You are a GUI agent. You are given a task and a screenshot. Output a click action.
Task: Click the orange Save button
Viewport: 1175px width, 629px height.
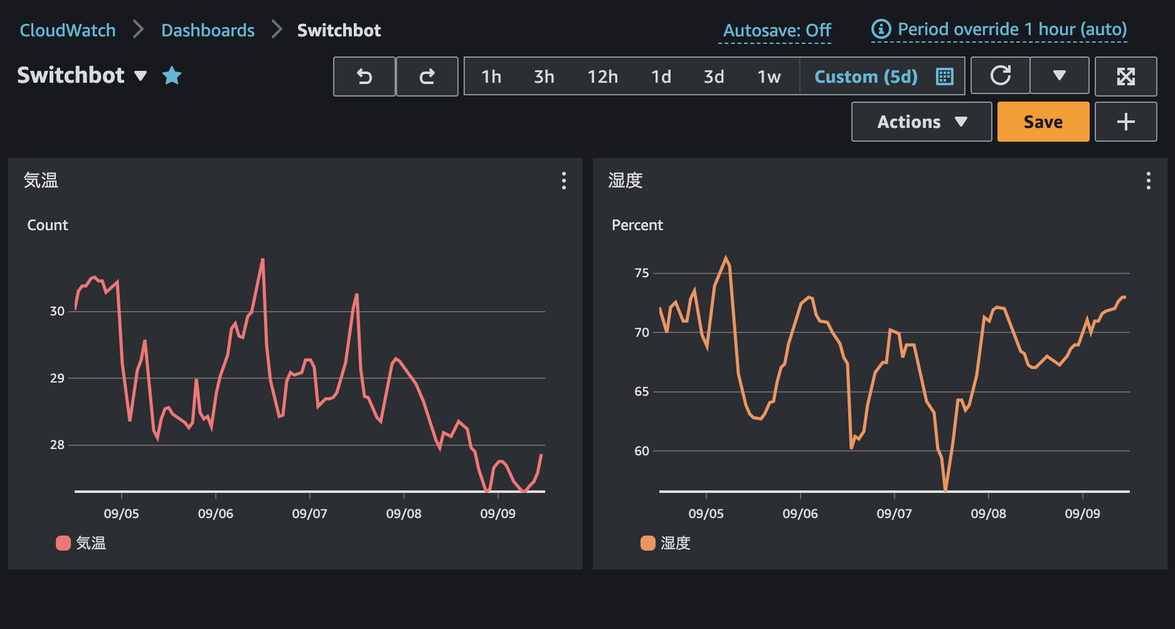click(1043, 122)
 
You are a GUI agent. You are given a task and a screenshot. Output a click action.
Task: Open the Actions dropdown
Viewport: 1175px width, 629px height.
click(921, 122)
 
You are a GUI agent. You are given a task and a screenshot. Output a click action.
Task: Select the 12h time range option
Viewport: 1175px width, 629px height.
click(602, 77)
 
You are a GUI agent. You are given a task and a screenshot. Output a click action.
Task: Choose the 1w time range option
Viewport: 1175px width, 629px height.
click(768, 77)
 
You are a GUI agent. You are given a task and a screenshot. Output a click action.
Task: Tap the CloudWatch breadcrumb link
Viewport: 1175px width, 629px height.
click(68, 30)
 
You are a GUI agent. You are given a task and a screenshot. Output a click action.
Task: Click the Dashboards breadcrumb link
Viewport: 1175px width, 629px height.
click(208, 30)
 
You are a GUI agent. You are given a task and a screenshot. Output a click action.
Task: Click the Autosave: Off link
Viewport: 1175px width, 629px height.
click(777, 30)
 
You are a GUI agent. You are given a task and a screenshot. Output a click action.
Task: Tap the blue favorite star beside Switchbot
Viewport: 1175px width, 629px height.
click(172, 76)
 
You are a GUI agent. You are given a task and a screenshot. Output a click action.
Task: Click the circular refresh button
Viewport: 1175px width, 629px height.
click(1000, 76)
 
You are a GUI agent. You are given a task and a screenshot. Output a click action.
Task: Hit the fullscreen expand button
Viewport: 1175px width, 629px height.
click(1125, 77)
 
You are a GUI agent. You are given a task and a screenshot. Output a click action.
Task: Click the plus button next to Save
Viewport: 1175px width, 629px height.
click(1125, 122)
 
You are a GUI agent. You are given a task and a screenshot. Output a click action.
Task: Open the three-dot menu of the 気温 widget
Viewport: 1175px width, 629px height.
click(564, 181)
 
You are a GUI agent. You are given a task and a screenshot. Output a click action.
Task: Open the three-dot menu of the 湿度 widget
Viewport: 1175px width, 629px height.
click(1148, 181)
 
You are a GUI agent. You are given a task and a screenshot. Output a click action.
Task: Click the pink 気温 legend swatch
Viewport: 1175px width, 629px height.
click(63, 543)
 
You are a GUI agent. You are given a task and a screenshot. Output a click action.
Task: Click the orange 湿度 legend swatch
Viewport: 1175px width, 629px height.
click(648, 543)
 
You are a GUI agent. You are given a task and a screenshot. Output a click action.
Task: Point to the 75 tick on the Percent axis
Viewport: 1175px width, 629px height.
click(641, 273)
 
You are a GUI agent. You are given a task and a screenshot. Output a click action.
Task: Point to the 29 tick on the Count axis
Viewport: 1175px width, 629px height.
click(57, 378)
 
